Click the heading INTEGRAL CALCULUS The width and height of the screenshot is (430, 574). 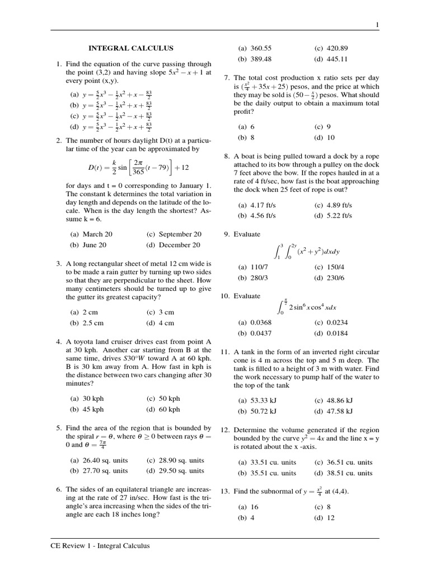click(131, 49)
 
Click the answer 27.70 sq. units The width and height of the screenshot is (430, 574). click(99, 471)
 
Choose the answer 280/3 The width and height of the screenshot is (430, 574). click(254, 277)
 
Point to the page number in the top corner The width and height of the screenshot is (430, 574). click(377, 25)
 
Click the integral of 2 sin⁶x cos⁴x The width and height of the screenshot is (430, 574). click(306, 307)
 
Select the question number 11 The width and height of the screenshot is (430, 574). click(226, 351)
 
